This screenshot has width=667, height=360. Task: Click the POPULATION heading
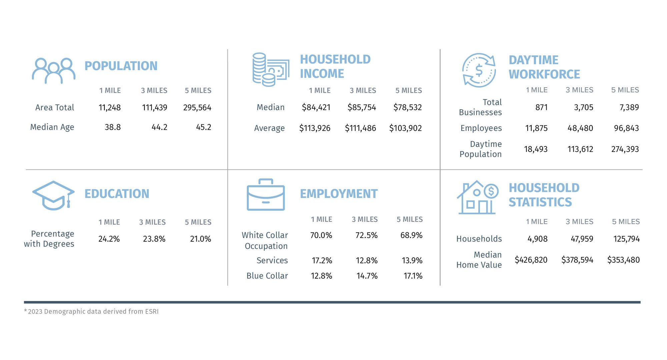121,66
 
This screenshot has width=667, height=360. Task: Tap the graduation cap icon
53,196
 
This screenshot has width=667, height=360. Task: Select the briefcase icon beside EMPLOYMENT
266,195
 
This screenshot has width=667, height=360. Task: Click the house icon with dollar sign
477,198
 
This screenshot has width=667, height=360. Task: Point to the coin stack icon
270,70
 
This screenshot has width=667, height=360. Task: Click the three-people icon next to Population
53,71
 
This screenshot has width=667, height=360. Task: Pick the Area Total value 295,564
197,108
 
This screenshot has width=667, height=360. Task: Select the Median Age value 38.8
113,127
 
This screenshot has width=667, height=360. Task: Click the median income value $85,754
362,107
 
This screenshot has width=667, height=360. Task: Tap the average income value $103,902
405,128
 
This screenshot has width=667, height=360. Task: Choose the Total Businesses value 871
541,107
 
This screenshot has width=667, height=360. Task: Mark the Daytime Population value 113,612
580,149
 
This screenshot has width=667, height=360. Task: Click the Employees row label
481,128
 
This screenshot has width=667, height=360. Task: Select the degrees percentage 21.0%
200,239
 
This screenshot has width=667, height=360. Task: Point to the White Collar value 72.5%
367,235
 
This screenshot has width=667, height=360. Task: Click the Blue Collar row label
267,276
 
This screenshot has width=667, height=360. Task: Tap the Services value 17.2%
322,261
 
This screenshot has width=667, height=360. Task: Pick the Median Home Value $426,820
531,260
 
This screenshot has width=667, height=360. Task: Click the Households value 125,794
626,239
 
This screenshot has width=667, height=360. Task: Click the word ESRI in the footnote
152,312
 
